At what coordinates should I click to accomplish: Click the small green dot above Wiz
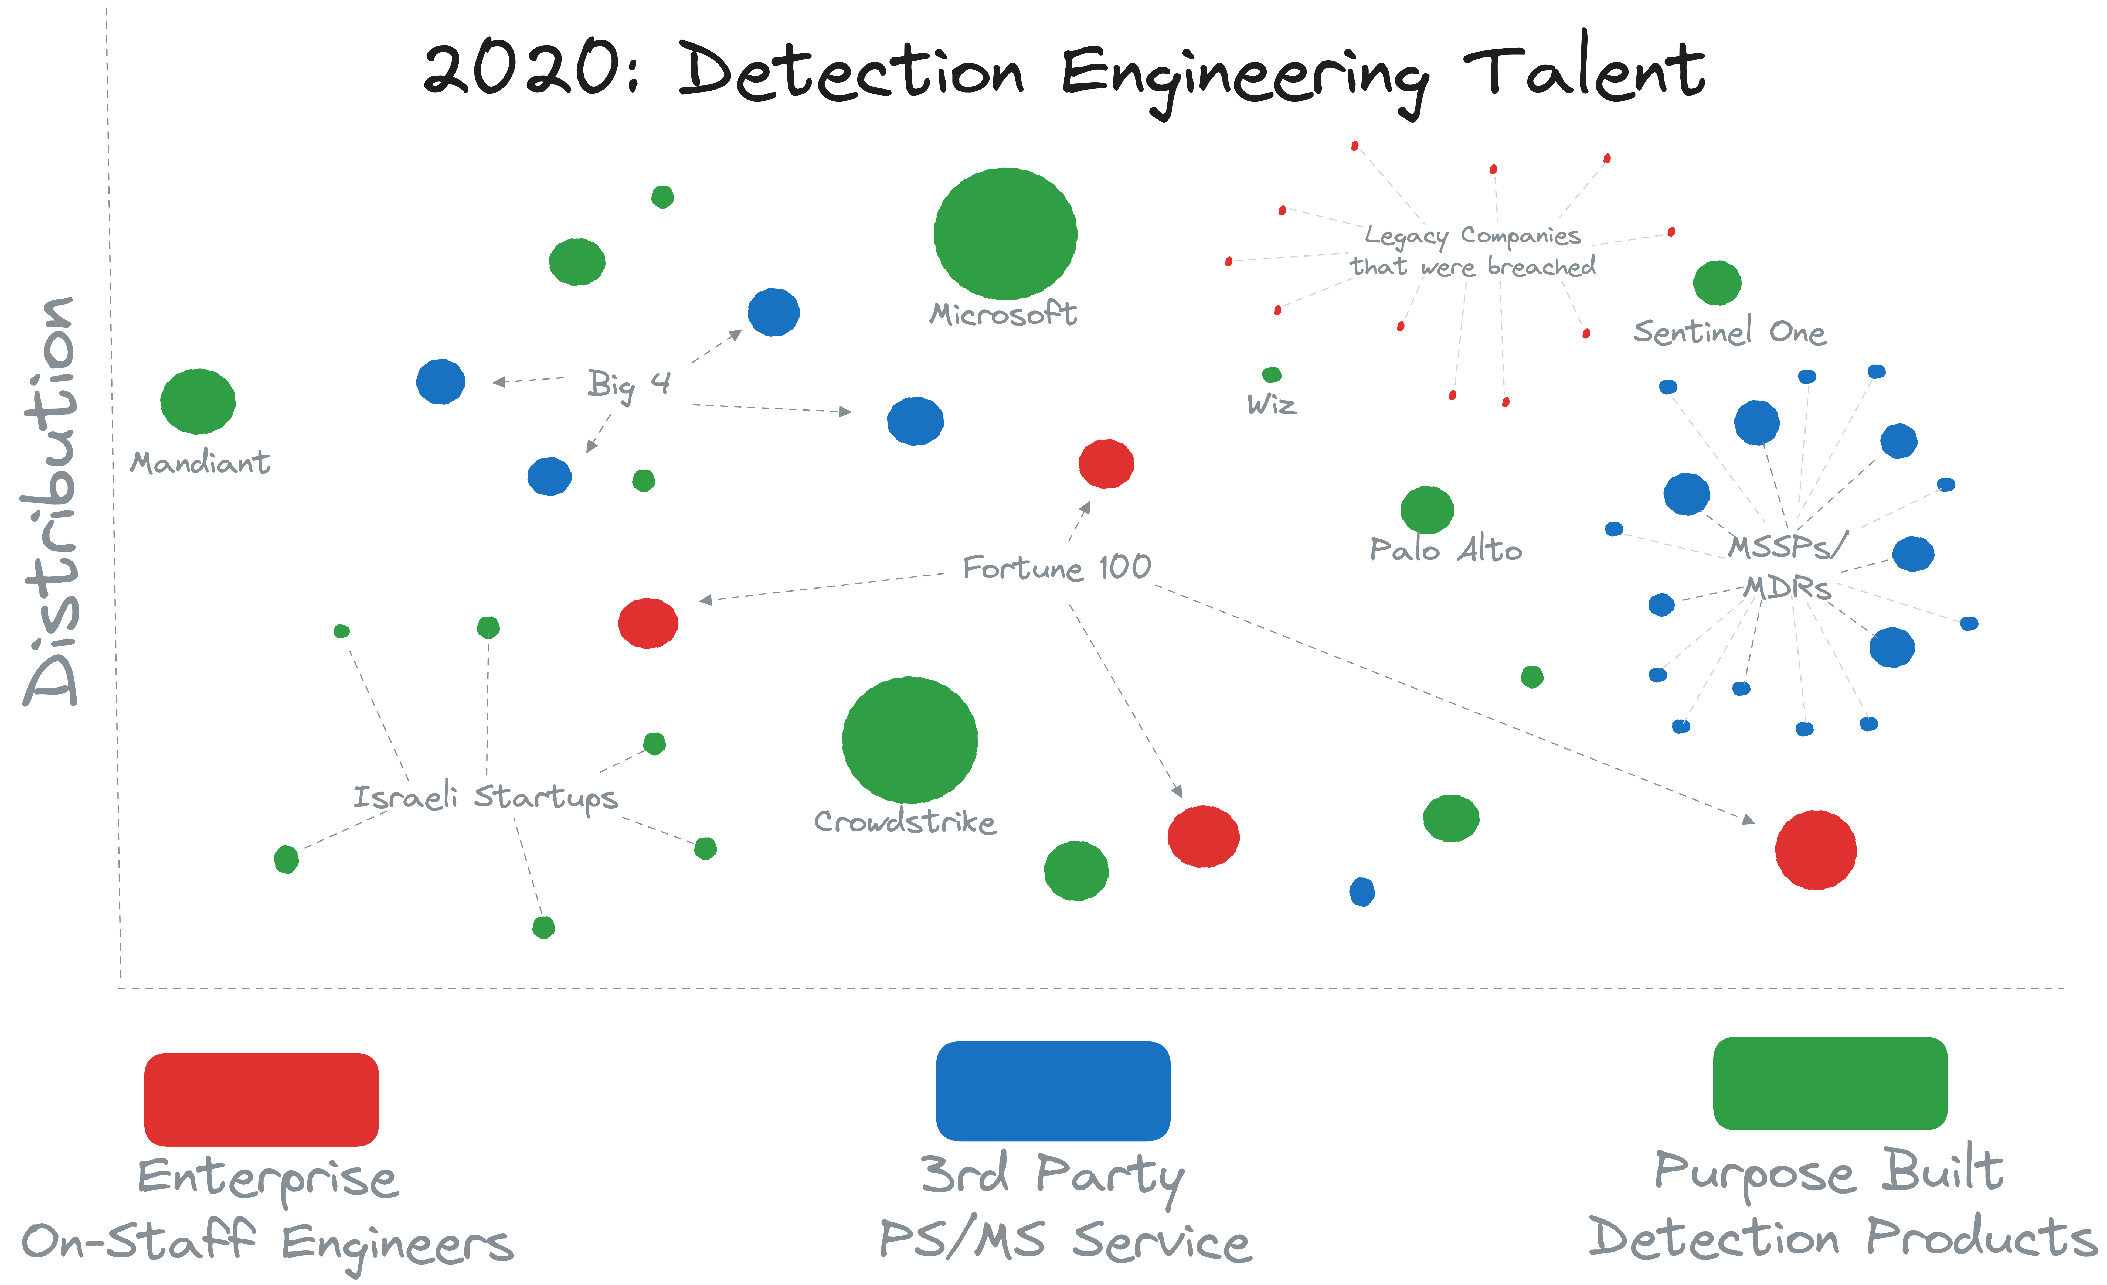(x=1272, y=374)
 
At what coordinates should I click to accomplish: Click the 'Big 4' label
(x=628, y=384)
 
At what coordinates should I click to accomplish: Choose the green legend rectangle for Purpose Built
(x=1830, y=1083)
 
